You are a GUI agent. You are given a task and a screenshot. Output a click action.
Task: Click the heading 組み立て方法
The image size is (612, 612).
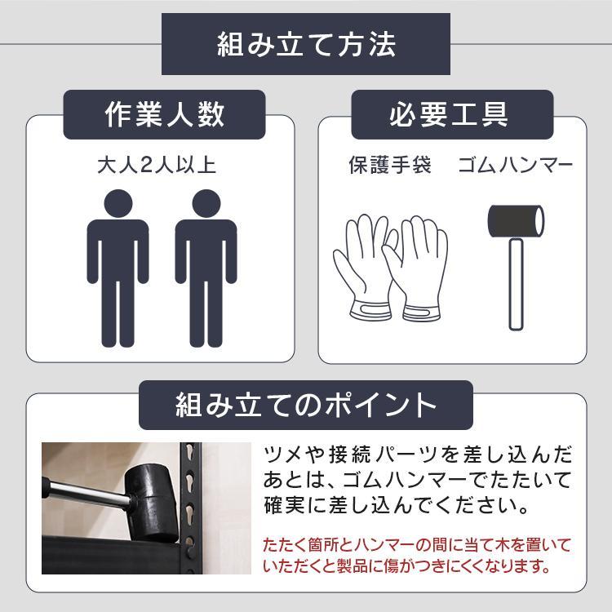pos(306,45)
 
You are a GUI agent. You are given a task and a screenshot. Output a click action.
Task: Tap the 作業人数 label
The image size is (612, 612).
pos(165,115)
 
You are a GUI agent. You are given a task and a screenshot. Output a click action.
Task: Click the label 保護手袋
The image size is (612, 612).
pos(390,166)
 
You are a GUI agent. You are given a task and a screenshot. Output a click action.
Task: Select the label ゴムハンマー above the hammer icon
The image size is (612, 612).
pos(515,166)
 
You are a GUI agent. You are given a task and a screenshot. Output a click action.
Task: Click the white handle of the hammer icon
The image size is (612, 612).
pos(516,282)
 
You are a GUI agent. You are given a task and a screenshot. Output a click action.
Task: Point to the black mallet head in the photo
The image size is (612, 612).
pos(152,490)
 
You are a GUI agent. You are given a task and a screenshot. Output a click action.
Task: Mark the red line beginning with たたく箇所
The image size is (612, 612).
pos(417,544)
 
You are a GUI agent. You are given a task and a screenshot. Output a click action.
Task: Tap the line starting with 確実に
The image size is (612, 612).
pos(392,505)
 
